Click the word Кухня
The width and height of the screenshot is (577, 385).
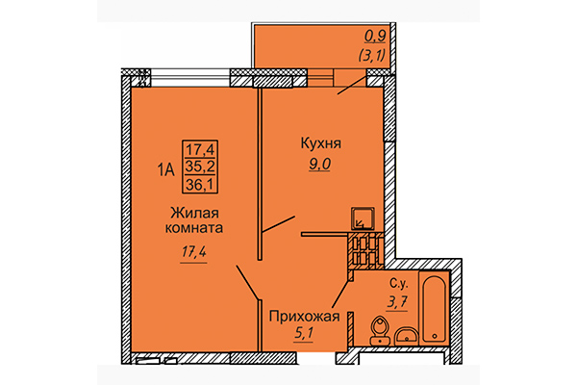pos(321,144)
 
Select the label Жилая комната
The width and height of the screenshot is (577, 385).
pos(198,221)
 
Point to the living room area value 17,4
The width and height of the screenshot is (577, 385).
pos(196,253)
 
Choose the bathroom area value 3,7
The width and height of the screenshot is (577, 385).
pos(397,303)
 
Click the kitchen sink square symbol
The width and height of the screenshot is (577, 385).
pos(363,218)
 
